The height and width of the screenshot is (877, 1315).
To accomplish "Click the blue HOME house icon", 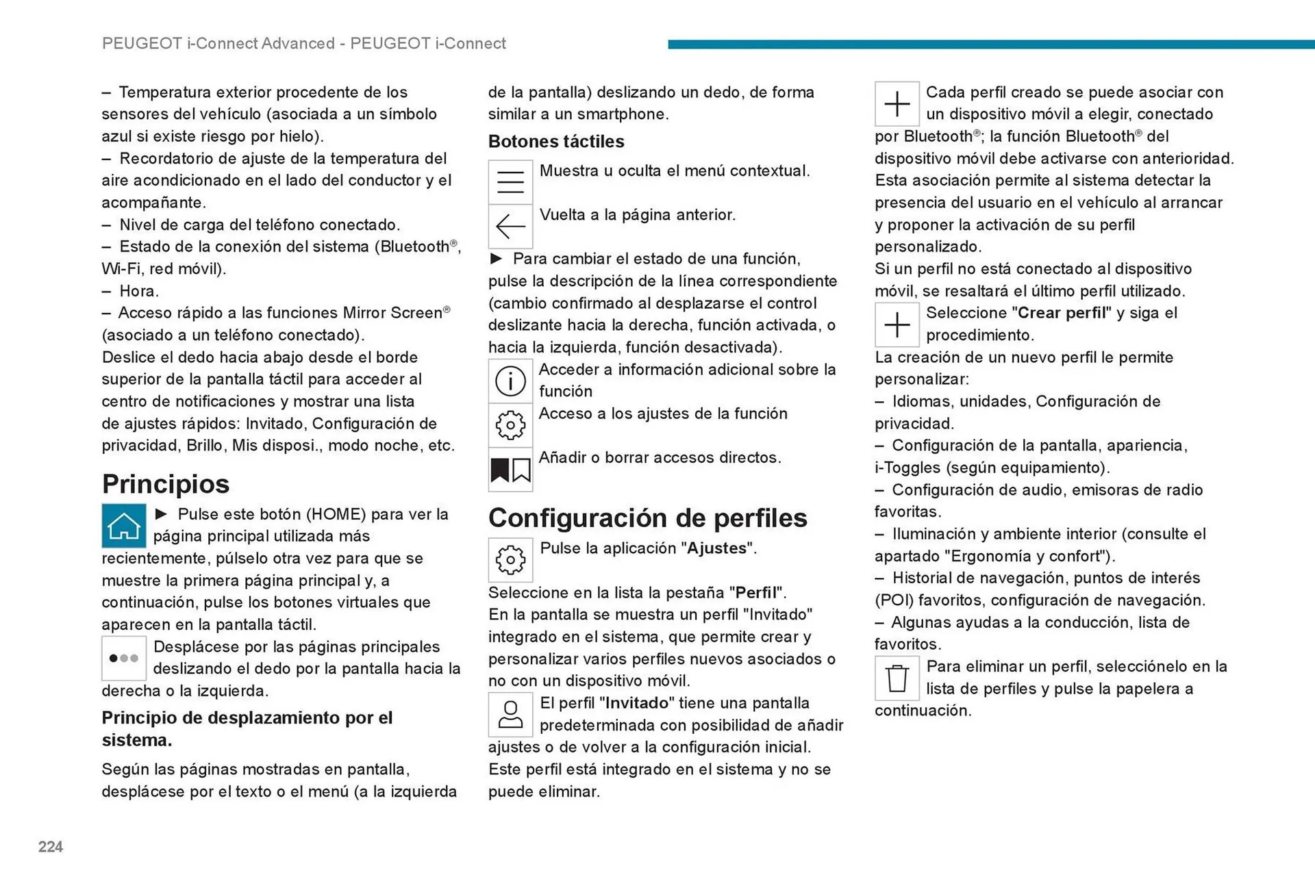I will [x=124, y=525].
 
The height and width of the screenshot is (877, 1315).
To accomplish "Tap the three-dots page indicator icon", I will [x=124, y=658].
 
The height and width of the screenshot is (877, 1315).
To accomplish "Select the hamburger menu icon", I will [x=510, y=181].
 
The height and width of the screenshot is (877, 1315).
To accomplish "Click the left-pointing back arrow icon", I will [x=510, y=226].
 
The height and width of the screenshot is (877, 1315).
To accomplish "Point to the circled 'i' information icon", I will [x=510, y=381].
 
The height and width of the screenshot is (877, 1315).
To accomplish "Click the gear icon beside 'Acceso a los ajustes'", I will [x=510, y=425].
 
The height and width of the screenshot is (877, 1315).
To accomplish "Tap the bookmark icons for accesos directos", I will [x=510, y=470].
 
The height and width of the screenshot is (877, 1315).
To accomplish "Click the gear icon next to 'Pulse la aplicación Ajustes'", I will [x=510, y=559].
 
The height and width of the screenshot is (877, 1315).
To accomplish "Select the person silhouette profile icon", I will [x=510, y=714].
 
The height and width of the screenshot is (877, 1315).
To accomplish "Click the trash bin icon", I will [x=897, y=678].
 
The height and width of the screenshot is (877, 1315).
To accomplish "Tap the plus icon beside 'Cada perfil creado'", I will [x=897, y=104].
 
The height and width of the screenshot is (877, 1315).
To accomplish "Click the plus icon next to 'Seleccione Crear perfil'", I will [x=897, y=325].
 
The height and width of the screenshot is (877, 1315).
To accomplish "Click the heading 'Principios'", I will [x=166, y=484].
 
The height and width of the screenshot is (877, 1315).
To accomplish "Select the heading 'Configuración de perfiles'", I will [x=647, y=518].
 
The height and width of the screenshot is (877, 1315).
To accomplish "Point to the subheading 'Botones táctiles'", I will [x=556, y=142].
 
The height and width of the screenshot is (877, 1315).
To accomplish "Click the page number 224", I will [x=51, y=847].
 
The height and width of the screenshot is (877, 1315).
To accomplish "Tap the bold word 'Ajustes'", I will [x=716, y=548].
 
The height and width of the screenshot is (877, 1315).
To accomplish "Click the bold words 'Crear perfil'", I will [x=1062, y=313].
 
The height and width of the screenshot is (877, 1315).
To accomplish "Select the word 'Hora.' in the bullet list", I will [x=139, y=291].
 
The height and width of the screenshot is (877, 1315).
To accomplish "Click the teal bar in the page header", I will [x=990, y=45].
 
